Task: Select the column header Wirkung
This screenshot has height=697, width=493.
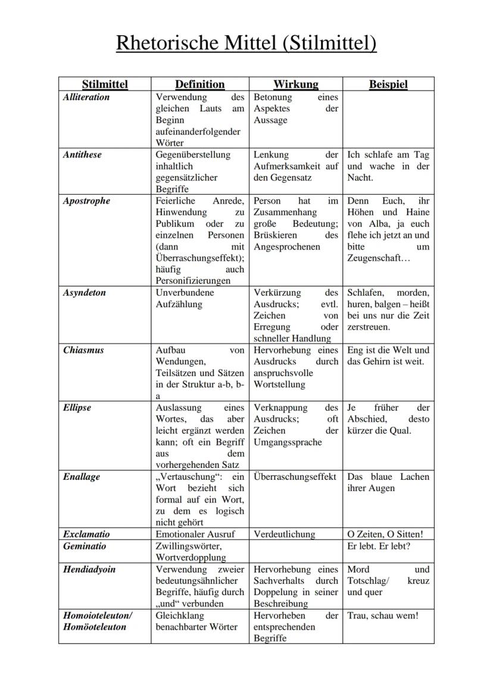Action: [295, 85]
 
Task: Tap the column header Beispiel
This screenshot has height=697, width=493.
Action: [388, 85]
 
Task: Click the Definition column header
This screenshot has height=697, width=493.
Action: [199, 85]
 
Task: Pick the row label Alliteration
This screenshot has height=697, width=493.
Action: [86, 97]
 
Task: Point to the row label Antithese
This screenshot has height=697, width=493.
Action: [82, 155]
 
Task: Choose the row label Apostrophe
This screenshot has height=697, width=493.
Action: [86, 201]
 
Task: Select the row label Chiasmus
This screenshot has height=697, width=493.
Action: [83, 350]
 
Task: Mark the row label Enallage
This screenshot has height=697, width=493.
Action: [82, 477]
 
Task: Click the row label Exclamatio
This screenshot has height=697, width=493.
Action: [86, 535]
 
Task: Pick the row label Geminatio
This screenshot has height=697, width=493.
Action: [84, 546]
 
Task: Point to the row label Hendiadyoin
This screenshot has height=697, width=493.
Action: [89, 570]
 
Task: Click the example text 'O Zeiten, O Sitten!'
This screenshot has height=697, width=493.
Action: [389, 535]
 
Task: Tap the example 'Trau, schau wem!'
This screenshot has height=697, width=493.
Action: [383, 615]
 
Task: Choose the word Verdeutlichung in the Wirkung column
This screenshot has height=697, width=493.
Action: [285, 535]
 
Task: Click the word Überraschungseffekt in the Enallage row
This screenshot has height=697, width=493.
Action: [295, 477]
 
